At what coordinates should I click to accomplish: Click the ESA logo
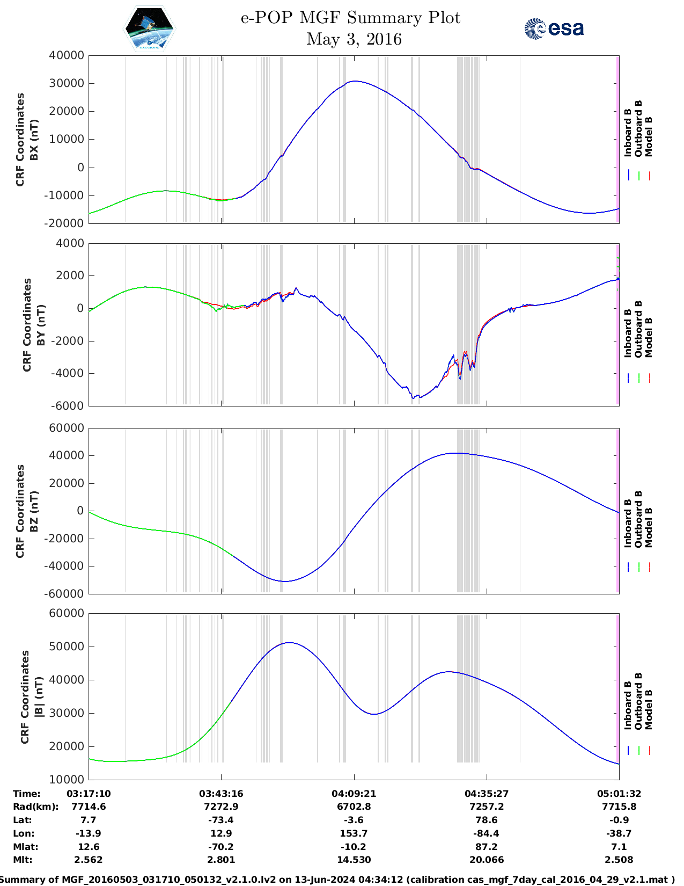554,28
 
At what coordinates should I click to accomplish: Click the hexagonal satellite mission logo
149,28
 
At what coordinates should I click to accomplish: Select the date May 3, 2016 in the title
354,39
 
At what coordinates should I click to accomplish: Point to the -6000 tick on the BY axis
68,406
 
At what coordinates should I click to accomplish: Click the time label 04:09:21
354,794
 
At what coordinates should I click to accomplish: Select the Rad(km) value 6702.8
354,807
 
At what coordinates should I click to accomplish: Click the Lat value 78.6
486,820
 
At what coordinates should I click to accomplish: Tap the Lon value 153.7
354,833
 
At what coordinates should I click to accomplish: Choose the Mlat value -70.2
220,847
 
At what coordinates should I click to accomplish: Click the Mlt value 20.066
486,860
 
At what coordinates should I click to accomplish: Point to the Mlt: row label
23,860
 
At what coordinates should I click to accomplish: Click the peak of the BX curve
353,81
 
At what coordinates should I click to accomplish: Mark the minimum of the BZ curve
284,581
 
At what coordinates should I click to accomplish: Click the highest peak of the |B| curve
289,642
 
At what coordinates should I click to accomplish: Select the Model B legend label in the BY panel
649,337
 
